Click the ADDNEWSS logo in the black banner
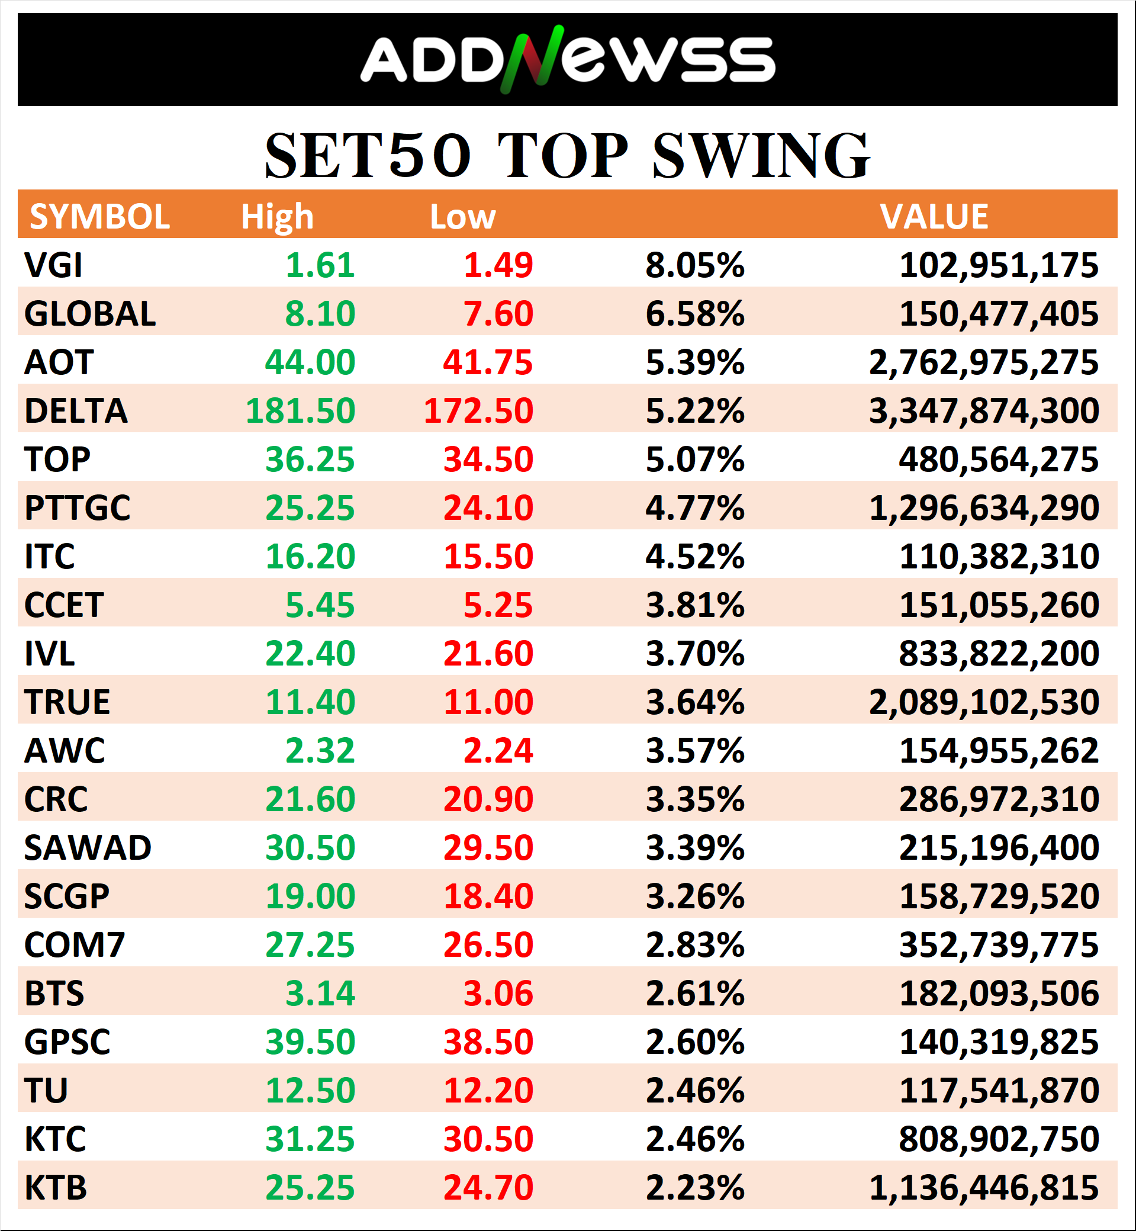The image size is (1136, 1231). (567, 60)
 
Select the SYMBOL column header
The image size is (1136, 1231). (99, 217)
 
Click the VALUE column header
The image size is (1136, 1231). (934, 217)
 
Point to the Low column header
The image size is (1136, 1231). (462, 217)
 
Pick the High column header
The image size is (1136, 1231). (276, 217)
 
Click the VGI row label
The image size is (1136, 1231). (53, 265)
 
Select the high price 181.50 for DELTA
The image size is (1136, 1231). (300, 411)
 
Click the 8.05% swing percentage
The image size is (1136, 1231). (694, 265)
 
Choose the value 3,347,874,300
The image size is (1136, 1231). (983, 411)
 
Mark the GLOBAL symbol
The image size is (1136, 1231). (90, 314)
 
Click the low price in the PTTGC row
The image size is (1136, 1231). (488, 508)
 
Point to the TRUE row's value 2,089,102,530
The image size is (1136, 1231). (983, 702)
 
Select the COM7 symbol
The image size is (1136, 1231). (75, 944)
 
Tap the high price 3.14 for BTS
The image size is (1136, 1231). (320, 993)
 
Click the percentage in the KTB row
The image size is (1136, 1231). (694, 1187)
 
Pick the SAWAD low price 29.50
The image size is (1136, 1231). (488, 848)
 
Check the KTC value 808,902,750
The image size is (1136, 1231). (998, 1139)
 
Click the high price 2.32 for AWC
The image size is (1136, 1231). (320, 751)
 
